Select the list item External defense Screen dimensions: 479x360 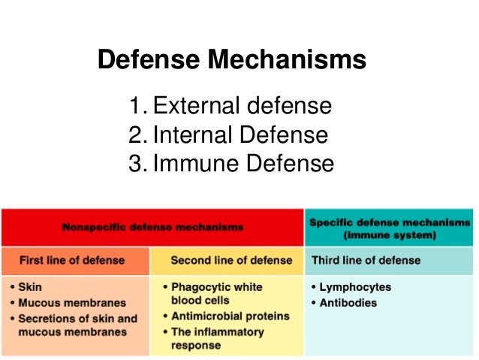coord(241,106)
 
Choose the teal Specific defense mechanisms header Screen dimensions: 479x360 coord(390,228)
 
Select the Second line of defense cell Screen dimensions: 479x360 coord(231,261)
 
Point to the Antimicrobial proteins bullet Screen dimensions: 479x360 coord(226,316)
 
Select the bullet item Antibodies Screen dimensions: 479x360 coord(349,303)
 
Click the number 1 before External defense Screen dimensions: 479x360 coord(136,106)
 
